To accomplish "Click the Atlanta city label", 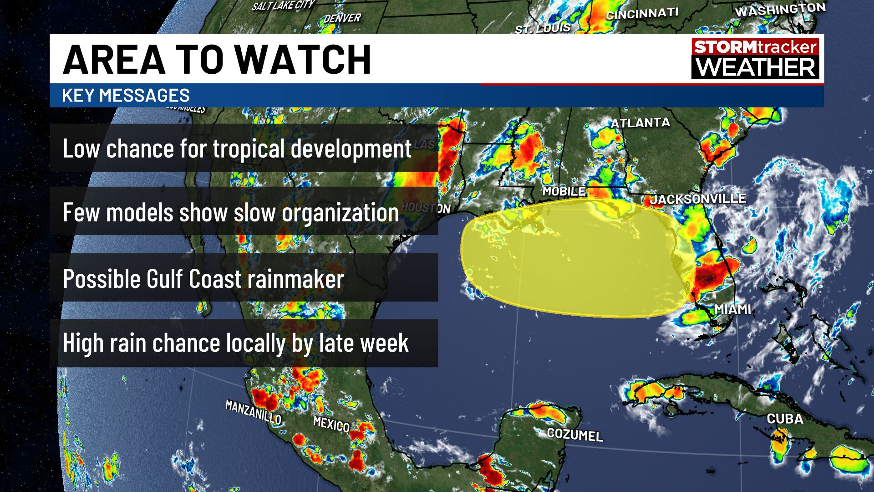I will [640, 123].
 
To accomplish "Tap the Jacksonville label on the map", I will [698, 199].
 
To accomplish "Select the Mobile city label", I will [564, 191].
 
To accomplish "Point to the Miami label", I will [732, 309].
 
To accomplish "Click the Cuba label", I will [785, 419].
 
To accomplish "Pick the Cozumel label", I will [575, 435].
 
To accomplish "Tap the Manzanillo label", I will [253, 412].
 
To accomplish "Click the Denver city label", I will [342, 18].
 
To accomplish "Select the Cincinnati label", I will [642, 14].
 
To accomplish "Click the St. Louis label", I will [543, 29].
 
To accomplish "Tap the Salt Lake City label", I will [283, 5].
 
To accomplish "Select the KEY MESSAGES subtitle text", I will [126, 95].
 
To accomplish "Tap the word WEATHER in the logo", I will [755, 67].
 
